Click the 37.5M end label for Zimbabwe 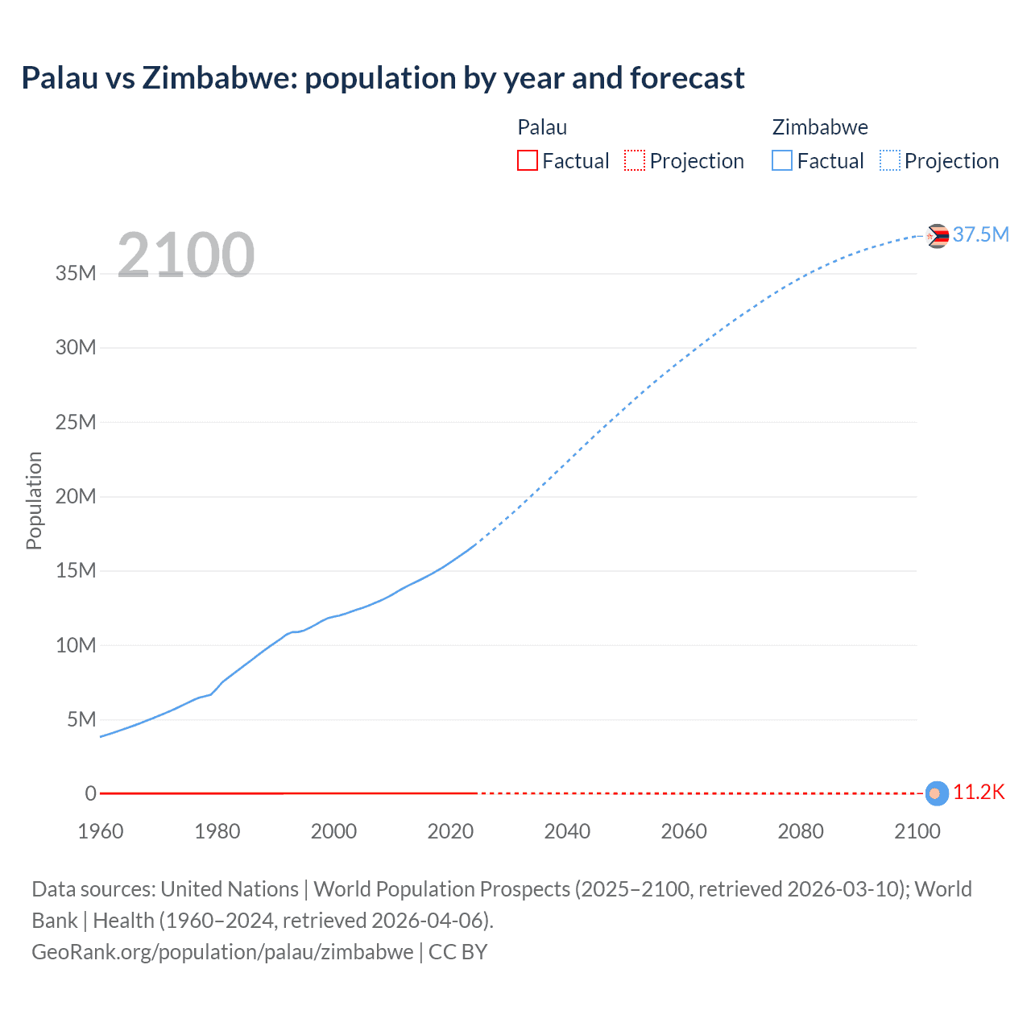coord(980,234)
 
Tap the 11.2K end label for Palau coord(979,792)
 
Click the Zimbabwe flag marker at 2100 coord(937,236)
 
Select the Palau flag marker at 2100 coord(936,793)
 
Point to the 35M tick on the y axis coord(76,273)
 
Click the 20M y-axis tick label coord(76,496)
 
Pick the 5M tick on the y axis coord(81,719)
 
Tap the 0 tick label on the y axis coord(90,793)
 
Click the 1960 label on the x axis coord(101,831)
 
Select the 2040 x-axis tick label coord(567,831)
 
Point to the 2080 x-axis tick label coord(801,831)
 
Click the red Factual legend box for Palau coord(527,161)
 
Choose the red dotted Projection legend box coord(635,161)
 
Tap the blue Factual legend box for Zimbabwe coord(782,161)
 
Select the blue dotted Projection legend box coord(890,161)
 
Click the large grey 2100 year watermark coord(186,255)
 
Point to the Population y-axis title coord(34,500)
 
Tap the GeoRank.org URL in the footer coord(222,951)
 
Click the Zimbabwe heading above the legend coord(820,127)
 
